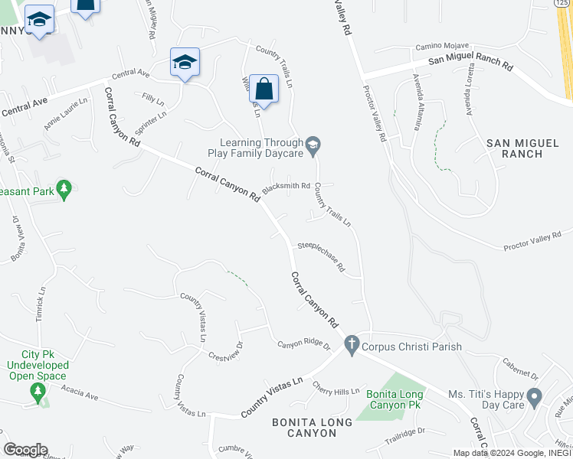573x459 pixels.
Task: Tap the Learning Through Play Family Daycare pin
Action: tap(313, 145)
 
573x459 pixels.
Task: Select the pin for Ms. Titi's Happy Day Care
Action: tap(535, 397)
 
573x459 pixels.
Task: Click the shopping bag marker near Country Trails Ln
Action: tap(263, 89)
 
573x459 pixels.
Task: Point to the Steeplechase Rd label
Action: tap(321, 257)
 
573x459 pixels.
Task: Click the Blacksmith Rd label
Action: tap(286, 187)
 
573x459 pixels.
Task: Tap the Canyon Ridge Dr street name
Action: tap(303, 346)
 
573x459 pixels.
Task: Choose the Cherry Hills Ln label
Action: tap(336, 392)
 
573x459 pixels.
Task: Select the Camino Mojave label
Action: tap(441, 47)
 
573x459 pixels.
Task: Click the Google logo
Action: tap(25, 450)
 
